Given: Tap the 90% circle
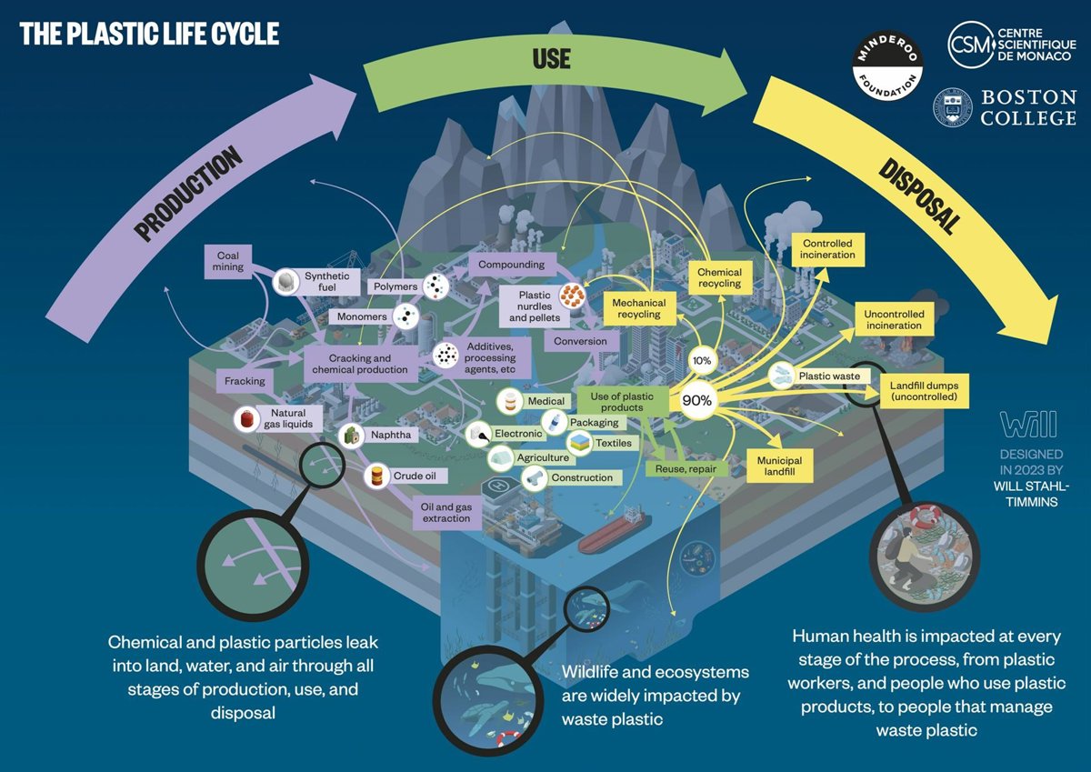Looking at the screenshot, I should [x=697, y=400].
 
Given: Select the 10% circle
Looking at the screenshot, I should [x=702, y=360].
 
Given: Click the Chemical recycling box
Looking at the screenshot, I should [x=719, y=277].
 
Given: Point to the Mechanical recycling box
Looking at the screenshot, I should [x=639, y=308].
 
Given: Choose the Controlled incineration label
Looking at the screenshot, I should [x=827, y=248].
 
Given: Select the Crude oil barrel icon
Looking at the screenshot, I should [x=375, y=475].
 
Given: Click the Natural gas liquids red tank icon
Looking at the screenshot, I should [x=245, y=418].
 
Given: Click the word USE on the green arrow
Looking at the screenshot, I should [x=552, y=60].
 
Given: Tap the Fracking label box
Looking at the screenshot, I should [x=245, y=381].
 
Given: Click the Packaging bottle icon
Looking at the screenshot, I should [x=554, y=423].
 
